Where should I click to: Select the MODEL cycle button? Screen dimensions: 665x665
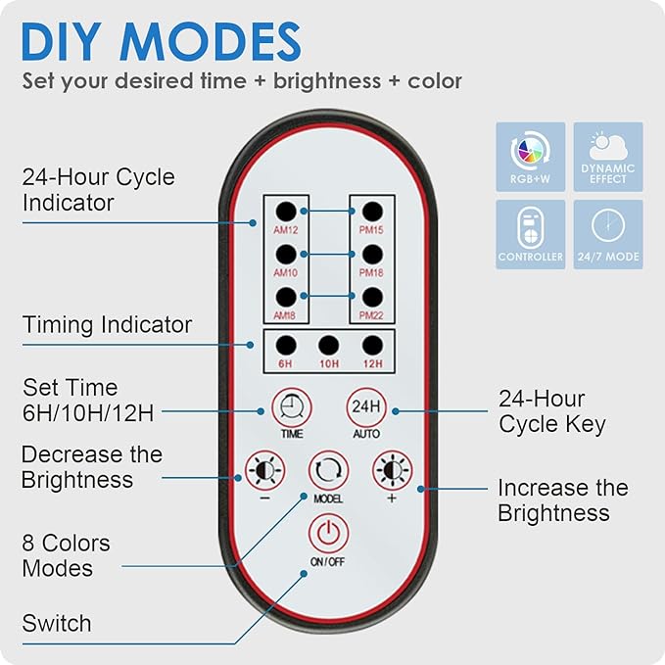click(x=328, y=469)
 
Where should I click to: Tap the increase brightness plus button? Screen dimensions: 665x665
click(x=392, y=470)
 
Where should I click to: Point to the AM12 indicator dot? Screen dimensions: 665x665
click(x=285, y=211)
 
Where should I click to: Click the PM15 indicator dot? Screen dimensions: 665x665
click(x=372, y=211)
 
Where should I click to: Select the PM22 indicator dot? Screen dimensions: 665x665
click(x=372, y=295)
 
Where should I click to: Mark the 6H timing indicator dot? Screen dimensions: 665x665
click(x=285, y=345)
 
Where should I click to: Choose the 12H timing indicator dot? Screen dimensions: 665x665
click(x=372, y=345)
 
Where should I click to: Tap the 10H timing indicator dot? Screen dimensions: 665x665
click(x=329, y=345)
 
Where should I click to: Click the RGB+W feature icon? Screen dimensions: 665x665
click(x=530, y=156)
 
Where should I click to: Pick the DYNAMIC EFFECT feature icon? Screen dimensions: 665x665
click(x=608, y=156)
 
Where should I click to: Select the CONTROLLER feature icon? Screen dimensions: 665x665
click(x=530, y=234)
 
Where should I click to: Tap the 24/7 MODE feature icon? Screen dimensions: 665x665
click(x=608, y=234)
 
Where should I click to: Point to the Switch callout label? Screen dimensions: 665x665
click(x=57, y=623)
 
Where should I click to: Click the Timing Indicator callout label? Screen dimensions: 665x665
click(x=107, y=324)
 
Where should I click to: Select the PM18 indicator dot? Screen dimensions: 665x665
click(x=372, y=253)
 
